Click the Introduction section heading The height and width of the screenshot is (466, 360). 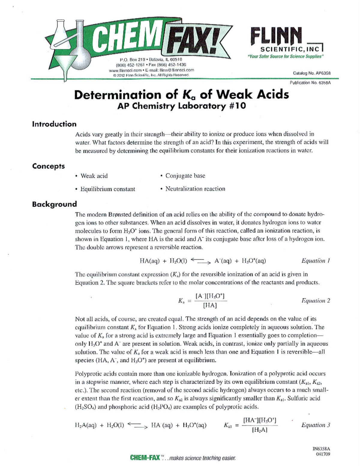coord(54,124)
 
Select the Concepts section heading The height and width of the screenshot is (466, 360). coord(48,166)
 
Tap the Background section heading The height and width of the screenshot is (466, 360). coord(54,204)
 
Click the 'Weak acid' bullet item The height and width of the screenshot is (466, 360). coord(94,176)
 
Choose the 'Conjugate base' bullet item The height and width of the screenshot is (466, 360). coord(185,176)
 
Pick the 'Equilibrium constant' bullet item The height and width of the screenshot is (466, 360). coord(108,189)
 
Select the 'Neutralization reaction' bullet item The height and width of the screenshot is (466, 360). coord(195,189)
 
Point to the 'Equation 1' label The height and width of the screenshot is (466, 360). coord(316,260)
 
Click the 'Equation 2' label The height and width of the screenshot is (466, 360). coord(316,300)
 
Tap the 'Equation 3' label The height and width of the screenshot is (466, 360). coord(316,425)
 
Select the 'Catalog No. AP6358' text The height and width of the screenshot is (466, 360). coord(312,73)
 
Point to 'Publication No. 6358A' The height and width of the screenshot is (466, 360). coord(310,83)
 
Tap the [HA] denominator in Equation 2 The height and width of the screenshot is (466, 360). coord(210,305)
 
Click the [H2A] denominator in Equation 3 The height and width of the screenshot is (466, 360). coord(259,430)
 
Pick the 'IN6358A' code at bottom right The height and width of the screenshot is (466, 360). coord(321,449)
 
